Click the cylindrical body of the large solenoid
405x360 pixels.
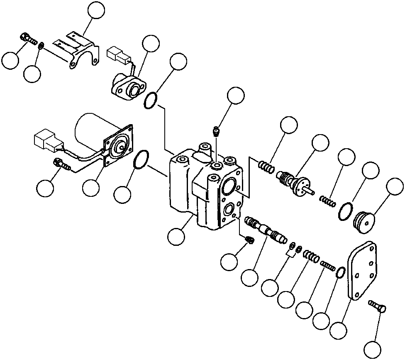89,129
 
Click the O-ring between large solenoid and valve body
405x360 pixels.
142,160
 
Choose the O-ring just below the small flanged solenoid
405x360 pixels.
151,100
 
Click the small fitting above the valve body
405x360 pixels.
216,132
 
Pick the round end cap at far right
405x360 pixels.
364,220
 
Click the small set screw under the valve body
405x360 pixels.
250,240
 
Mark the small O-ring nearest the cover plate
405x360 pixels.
339,272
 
